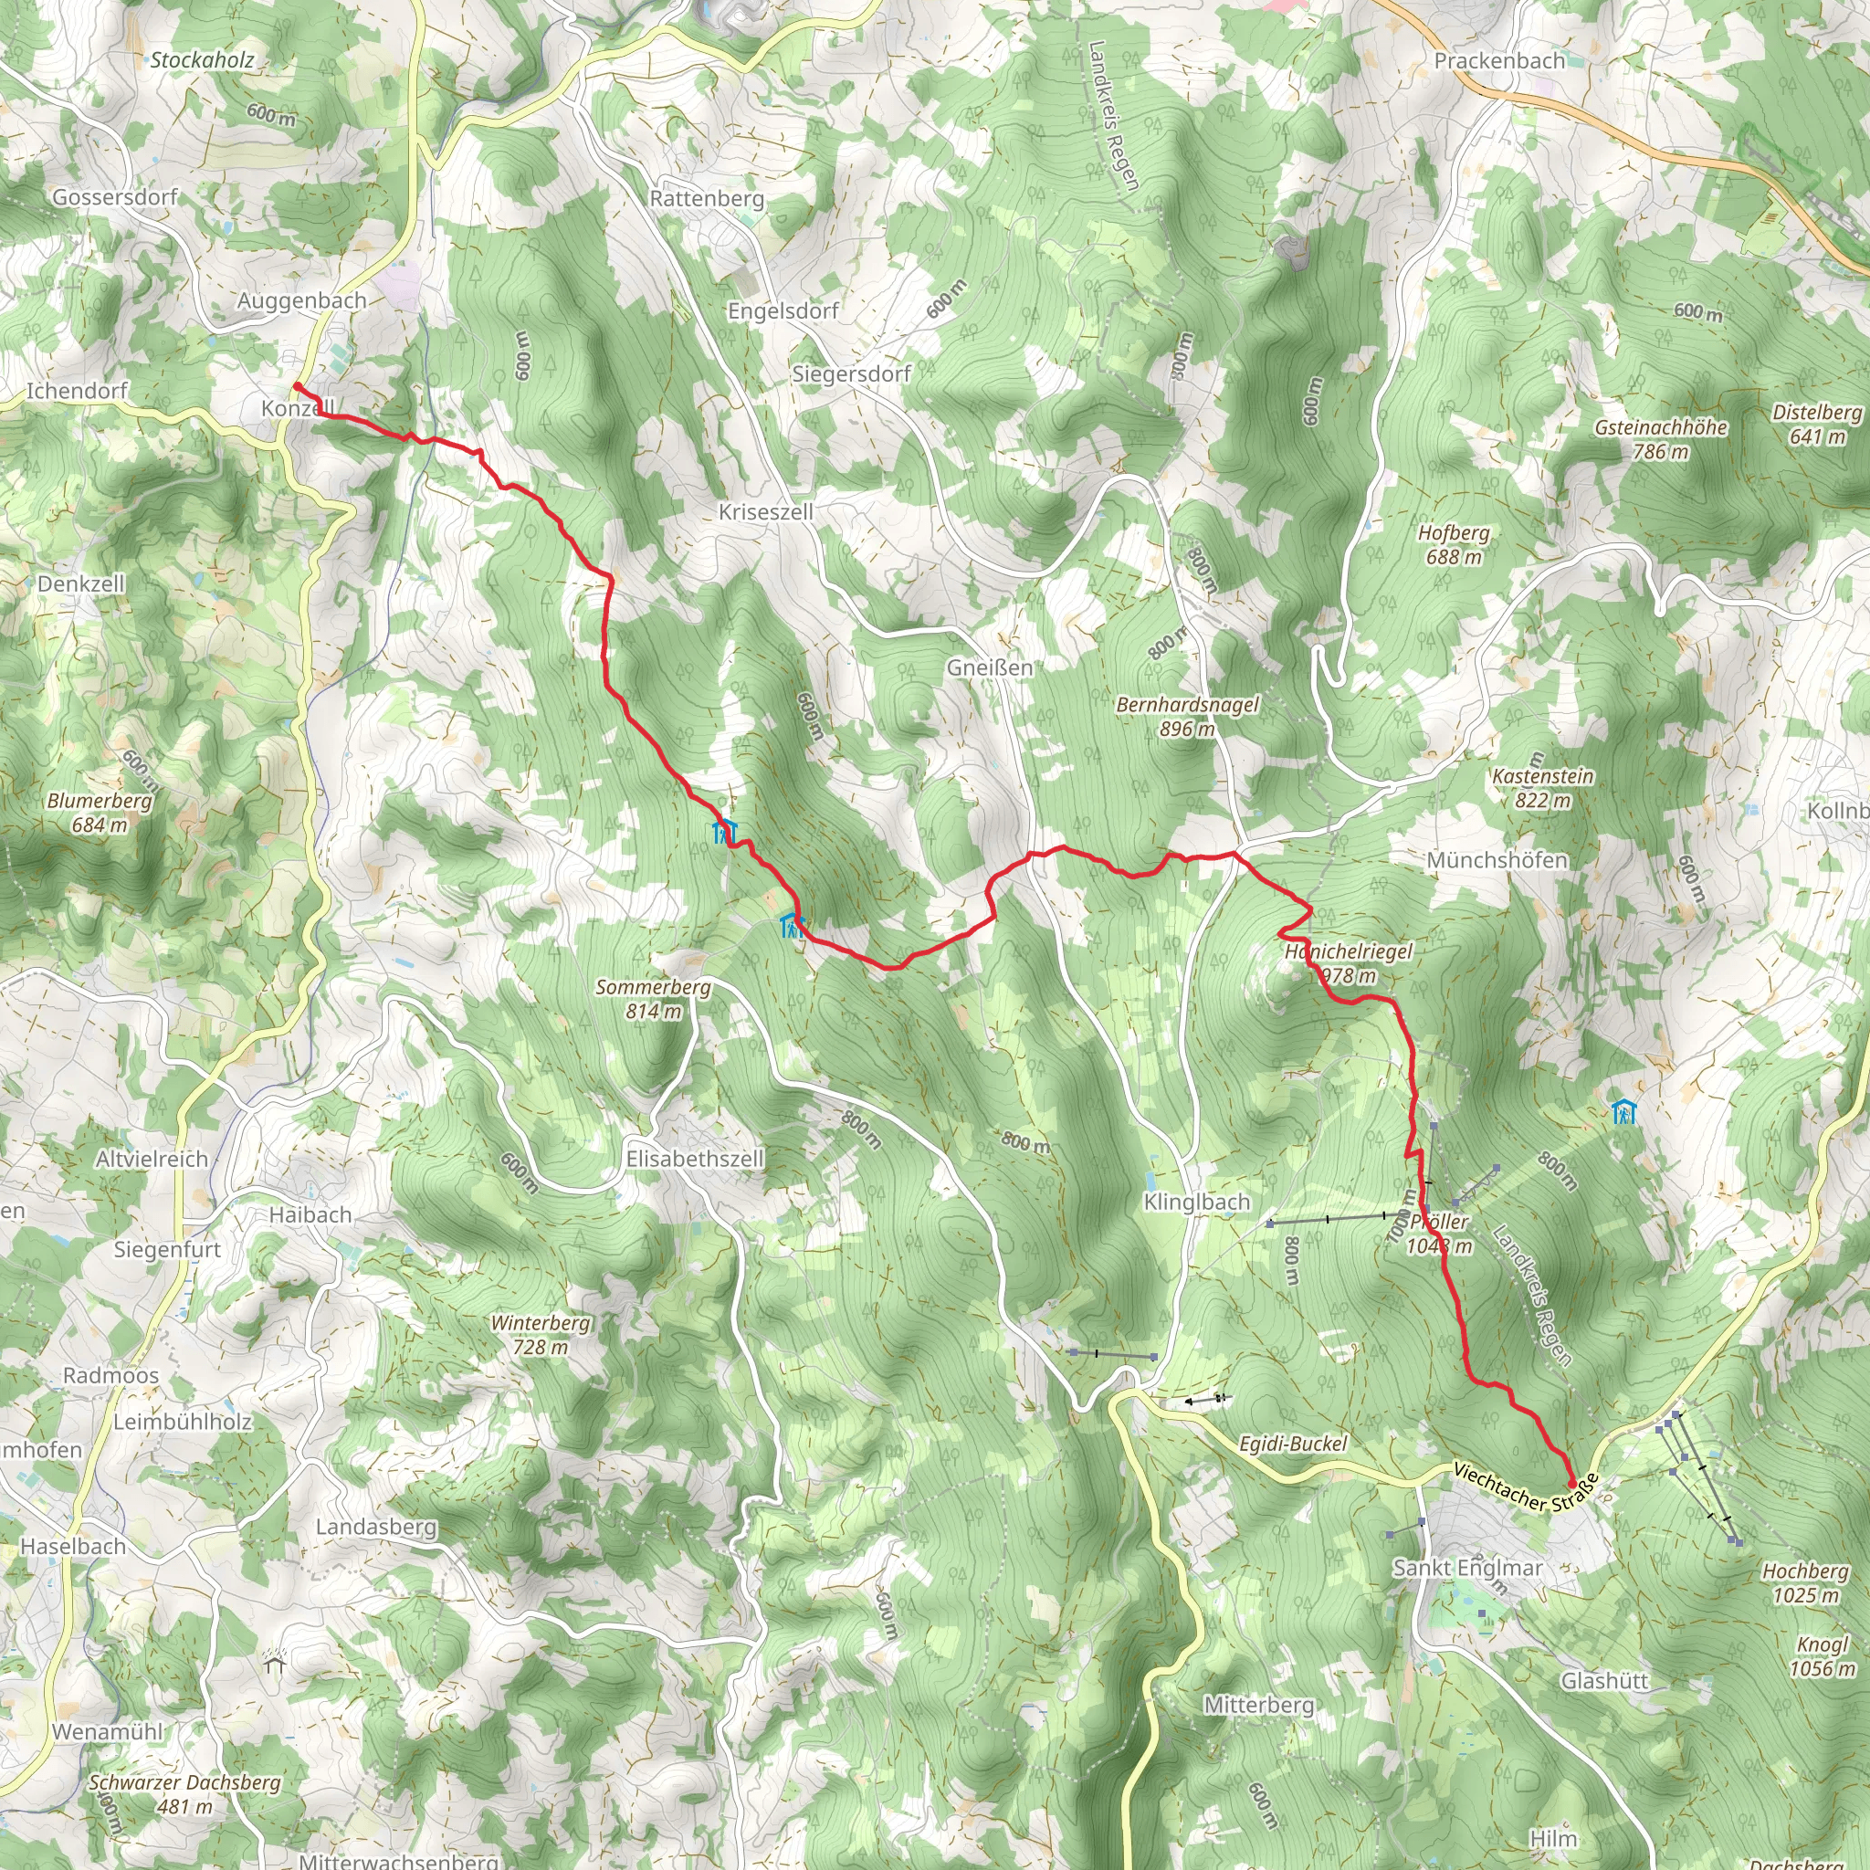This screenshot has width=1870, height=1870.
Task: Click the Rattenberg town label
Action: [x=707, y=198]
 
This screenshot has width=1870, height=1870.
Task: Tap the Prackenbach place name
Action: [x=1499, y=61]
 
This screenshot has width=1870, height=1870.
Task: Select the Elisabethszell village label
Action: [x=695, y=1159]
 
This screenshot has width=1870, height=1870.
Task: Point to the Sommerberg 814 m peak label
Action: [x=654, y=999]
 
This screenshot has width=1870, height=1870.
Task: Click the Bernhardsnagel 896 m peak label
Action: [x=1188, y=716]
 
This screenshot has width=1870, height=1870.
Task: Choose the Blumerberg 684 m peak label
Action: [x=100, y=813]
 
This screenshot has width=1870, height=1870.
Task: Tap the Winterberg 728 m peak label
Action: [x=541, y=1334]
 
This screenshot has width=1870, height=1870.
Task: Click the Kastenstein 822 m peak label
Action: [x=1543, y=788]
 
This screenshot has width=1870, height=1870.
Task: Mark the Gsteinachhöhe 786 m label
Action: [x=1661, y=438]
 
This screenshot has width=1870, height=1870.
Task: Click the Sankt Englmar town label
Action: [x=1467, y=1567]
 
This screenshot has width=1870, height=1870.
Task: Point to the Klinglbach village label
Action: [x=1197, y=1203]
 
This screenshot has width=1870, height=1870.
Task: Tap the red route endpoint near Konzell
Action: [x=296, y=387]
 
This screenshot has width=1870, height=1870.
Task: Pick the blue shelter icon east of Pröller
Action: [x=1624, y=1112]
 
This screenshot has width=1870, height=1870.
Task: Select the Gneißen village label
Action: [x=989, y=667]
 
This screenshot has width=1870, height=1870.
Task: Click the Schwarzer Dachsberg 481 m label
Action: [x=184, y=1793]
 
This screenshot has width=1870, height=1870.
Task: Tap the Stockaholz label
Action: [x=203, y=60]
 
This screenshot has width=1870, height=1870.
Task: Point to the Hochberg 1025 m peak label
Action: [x=1805, y=1582]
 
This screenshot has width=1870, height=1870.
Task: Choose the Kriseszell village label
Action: [x=765, y=511]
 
